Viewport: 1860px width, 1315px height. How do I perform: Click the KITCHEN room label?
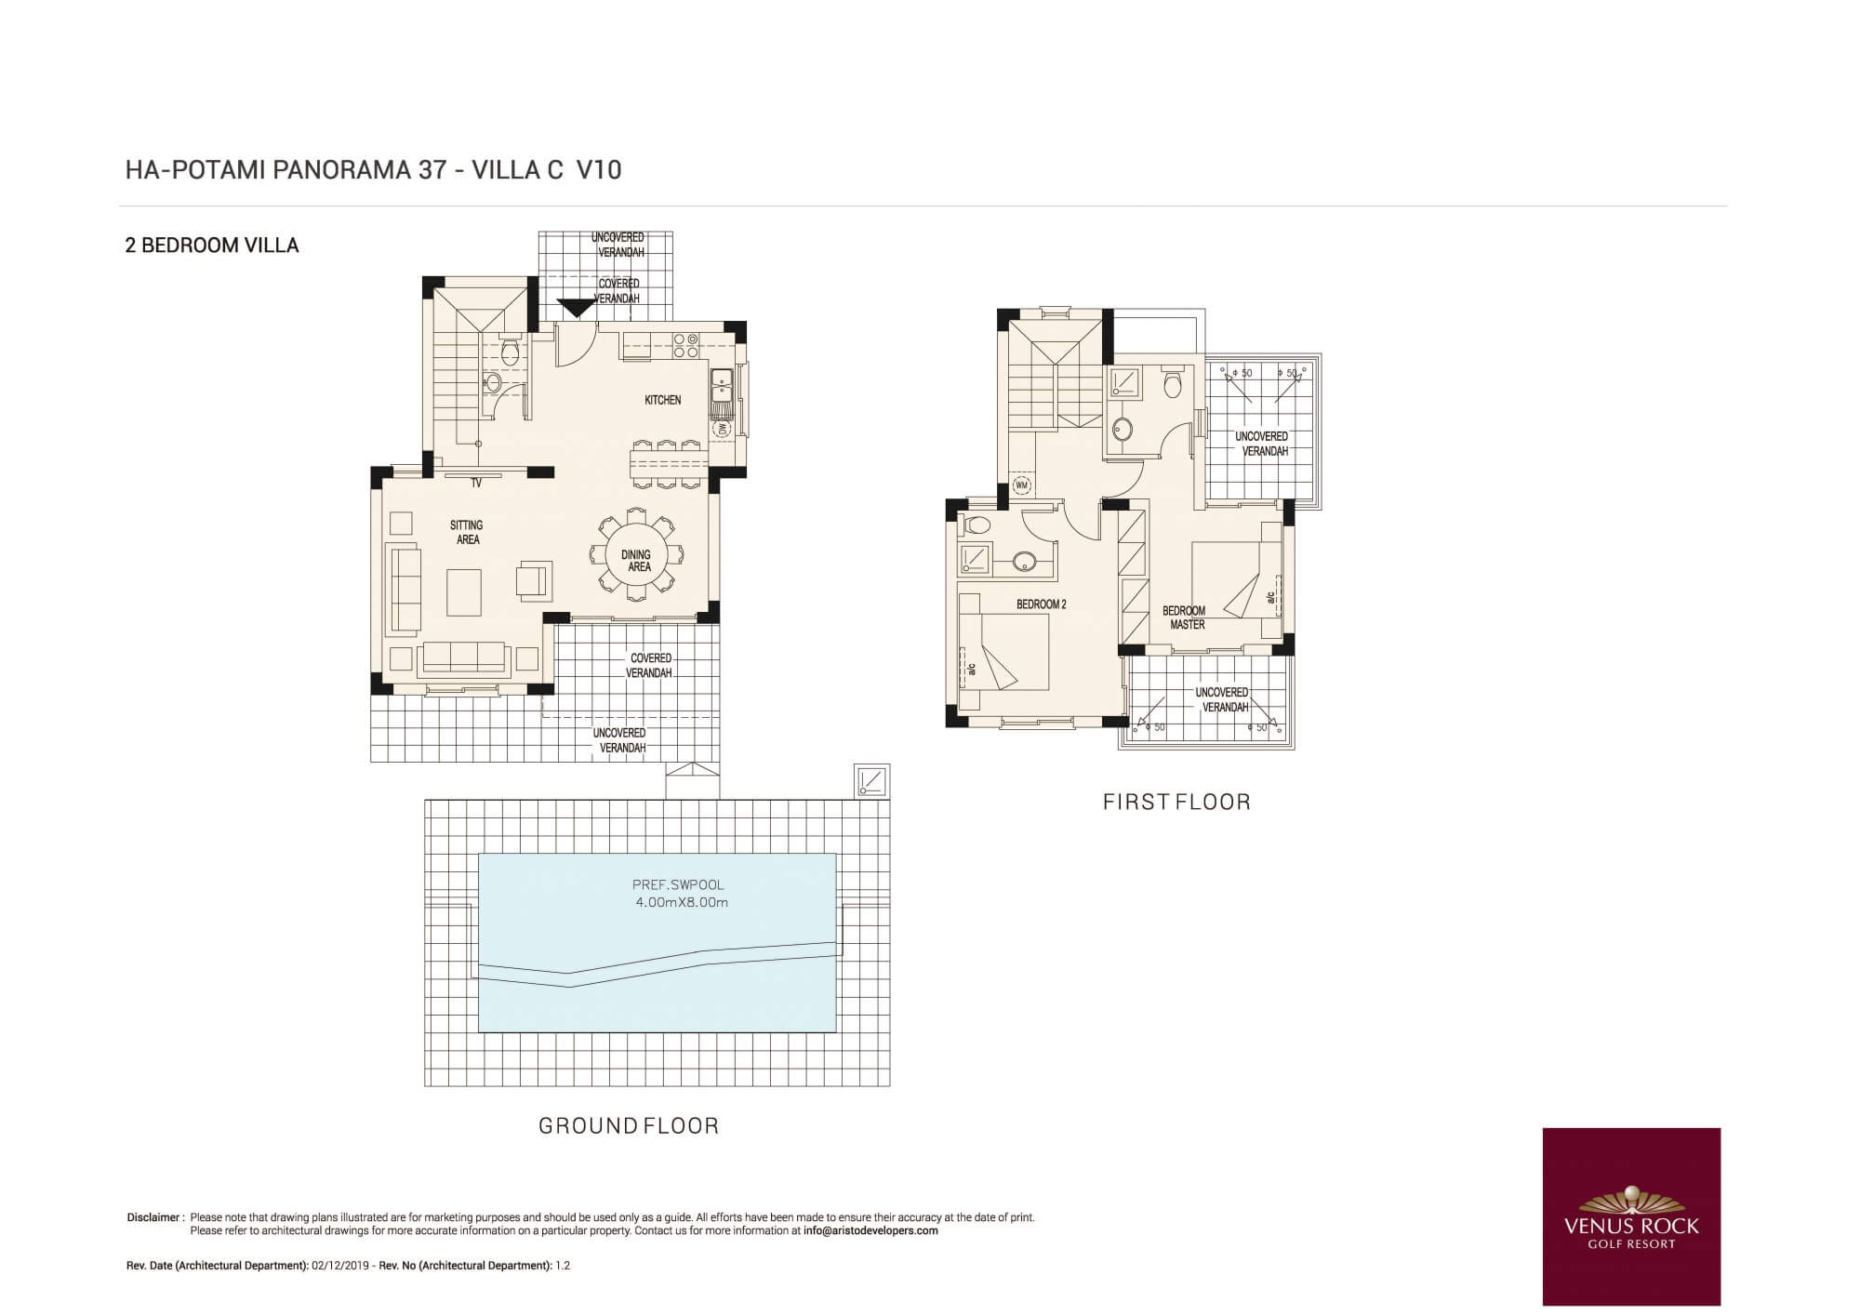tap(663, 400)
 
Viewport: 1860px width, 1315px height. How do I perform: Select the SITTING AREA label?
tap(467, 532)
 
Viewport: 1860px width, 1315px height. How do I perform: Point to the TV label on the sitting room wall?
tap(476, 484)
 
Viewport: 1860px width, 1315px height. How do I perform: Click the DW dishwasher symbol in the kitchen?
tap(723, 430)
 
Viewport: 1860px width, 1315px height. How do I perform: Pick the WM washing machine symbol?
tap(1021, 485)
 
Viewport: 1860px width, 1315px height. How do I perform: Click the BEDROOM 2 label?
tap(1041, 604)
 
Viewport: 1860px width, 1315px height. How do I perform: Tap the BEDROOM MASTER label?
tap(1184, 618)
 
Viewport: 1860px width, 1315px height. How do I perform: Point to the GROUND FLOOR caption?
tap(629, 1126)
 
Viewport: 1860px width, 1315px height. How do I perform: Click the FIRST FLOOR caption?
tap(1176, 802)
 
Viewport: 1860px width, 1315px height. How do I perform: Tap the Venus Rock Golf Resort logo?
tap(1631, 1216)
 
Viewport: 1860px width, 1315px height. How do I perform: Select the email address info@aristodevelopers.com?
tap(870, 1230)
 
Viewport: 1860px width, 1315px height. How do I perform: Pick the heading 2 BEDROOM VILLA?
tap(212, 246)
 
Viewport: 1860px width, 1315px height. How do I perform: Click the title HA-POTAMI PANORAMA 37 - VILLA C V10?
tap(373, 170)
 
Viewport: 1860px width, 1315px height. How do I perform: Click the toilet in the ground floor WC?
tap(509, 352)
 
